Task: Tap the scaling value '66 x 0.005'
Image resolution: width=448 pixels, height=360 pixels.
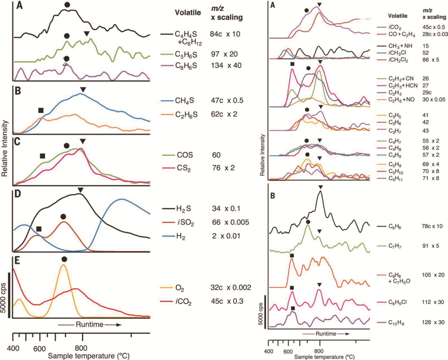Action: (230, 222)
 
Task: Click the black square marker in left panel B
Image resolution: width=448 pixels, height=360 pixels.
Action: (41, 110)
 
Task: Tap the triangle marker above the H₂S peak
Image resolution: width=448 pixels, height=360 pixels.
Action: (80, 191)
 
